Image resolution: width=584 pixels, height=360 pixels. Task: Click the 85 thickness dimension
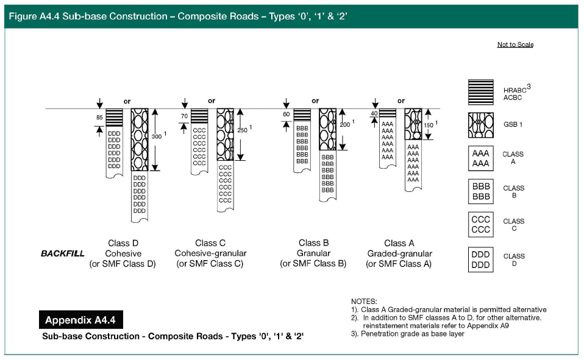point(99,116)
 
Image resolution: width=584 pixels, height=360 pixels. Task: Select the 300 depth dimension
point(157,137)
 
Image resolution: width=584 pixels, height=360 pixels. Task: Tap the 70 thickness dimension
point(183,116)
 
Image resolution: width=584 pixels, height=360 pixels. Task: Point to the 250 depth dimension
point(243,130)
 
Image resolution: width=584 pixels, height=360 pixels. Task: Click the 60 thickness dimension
point(287,114)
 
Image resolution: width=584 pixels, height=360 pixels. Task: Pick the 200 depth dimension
point(345,124)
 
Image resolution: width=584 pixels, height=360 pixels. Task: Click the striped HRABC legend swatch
point(481,92)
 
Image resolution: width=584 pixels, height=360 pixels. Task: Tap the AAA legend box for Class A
point(481,158)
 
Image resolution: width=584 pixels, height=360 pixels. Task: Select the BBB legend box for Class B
point(481,191)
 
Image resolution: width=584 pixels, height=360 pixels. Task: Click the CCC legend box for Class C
point(481,225)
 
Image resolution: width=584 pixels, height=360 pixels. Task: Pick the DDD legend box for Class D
point(481,259)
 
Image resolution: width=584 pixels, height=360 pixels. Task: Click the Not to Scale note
point(515,44)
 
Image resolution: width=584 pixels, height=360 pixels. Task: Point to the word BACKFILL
point(63,253)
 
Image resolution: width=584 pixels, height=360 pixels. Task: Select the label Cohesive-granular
point(210,253)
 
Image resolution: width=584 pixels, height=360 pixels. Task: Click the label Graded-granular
point(399,253)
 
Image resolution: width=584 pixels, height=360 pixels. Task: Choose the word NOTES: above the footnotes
point(365,302)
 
